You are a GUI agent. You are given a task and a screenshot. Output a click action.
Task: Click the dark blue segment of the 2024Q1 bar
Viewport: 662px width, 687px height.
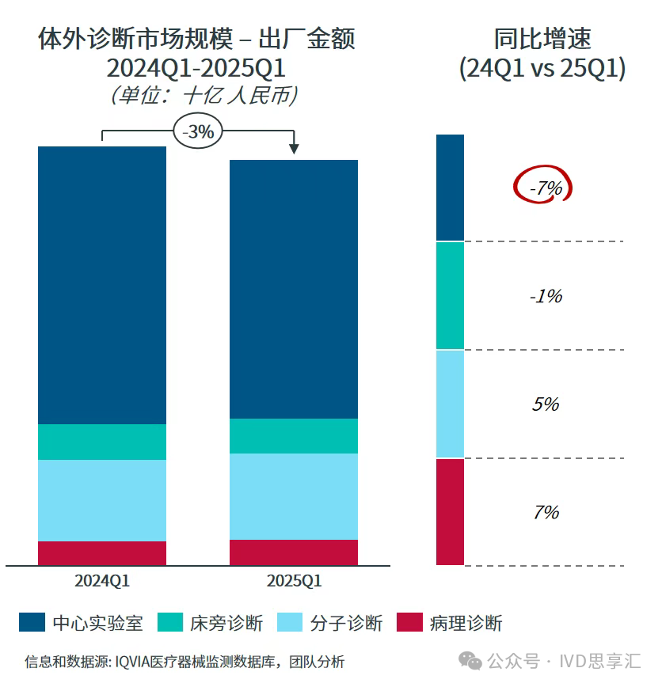pyautogui.click(x=102, y=285)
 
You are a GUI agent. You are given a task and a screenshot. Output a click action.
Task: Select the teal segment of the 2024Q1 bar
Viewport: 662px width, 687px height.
pyautogui.click(x=102, y=442)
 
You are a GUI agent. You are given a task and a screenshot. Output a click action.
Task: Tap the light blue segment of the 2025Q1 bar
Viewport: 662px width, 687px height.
pyautogui.click(x=294, y=496)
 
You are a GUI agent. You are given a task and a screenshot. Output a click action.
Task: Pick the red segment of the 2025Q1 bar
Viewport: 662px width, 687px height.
pyautogui.click(x=294, y=552)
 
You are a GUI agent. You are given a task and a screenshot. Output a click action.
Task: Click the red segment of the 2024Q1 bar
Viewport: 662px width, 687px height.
pyautogui.click(x=102, y=552)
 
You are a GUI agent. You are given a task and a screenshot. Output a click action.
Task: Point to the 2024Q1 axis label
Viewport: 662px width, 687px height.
pyautogui.click(x=102, y=581)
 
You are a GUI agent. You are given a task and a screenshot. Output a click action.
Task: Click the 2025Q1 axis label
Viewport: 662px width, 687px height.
pyautogui.click(x=294, y=581)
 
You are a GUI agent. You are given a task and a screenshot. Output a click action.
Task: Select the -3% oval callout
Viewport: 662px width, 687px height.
pyautogui.click(x=198, y=132)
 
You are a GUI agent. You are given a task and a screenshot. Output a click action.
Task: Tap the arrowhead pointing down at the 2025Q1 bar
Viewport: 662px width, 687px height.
pyautogui.click(x=294, y=148)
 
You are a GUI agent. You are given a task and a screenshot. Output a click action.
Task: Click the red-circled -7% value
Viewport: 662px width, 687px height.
pyautogui.click(x=545, y=188)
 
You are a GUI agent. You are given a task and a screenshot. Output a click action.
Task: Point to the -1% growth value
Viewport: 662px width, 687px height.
pyautogui.click(x=546, y=296)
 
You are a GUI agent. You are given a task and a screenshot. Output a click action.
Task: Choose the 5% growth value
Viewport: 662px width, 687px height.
pyautogui.click(x=546, y=404)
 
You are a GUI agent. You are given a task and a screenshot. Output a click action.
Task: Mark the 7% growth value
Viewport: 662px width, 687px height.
pyautogui.click(x=546, y=512)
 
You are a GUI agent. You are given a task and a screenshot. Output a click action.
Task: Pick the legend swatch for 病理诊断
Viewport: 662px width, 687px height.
pyautogui.click(x=409, y=623)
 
